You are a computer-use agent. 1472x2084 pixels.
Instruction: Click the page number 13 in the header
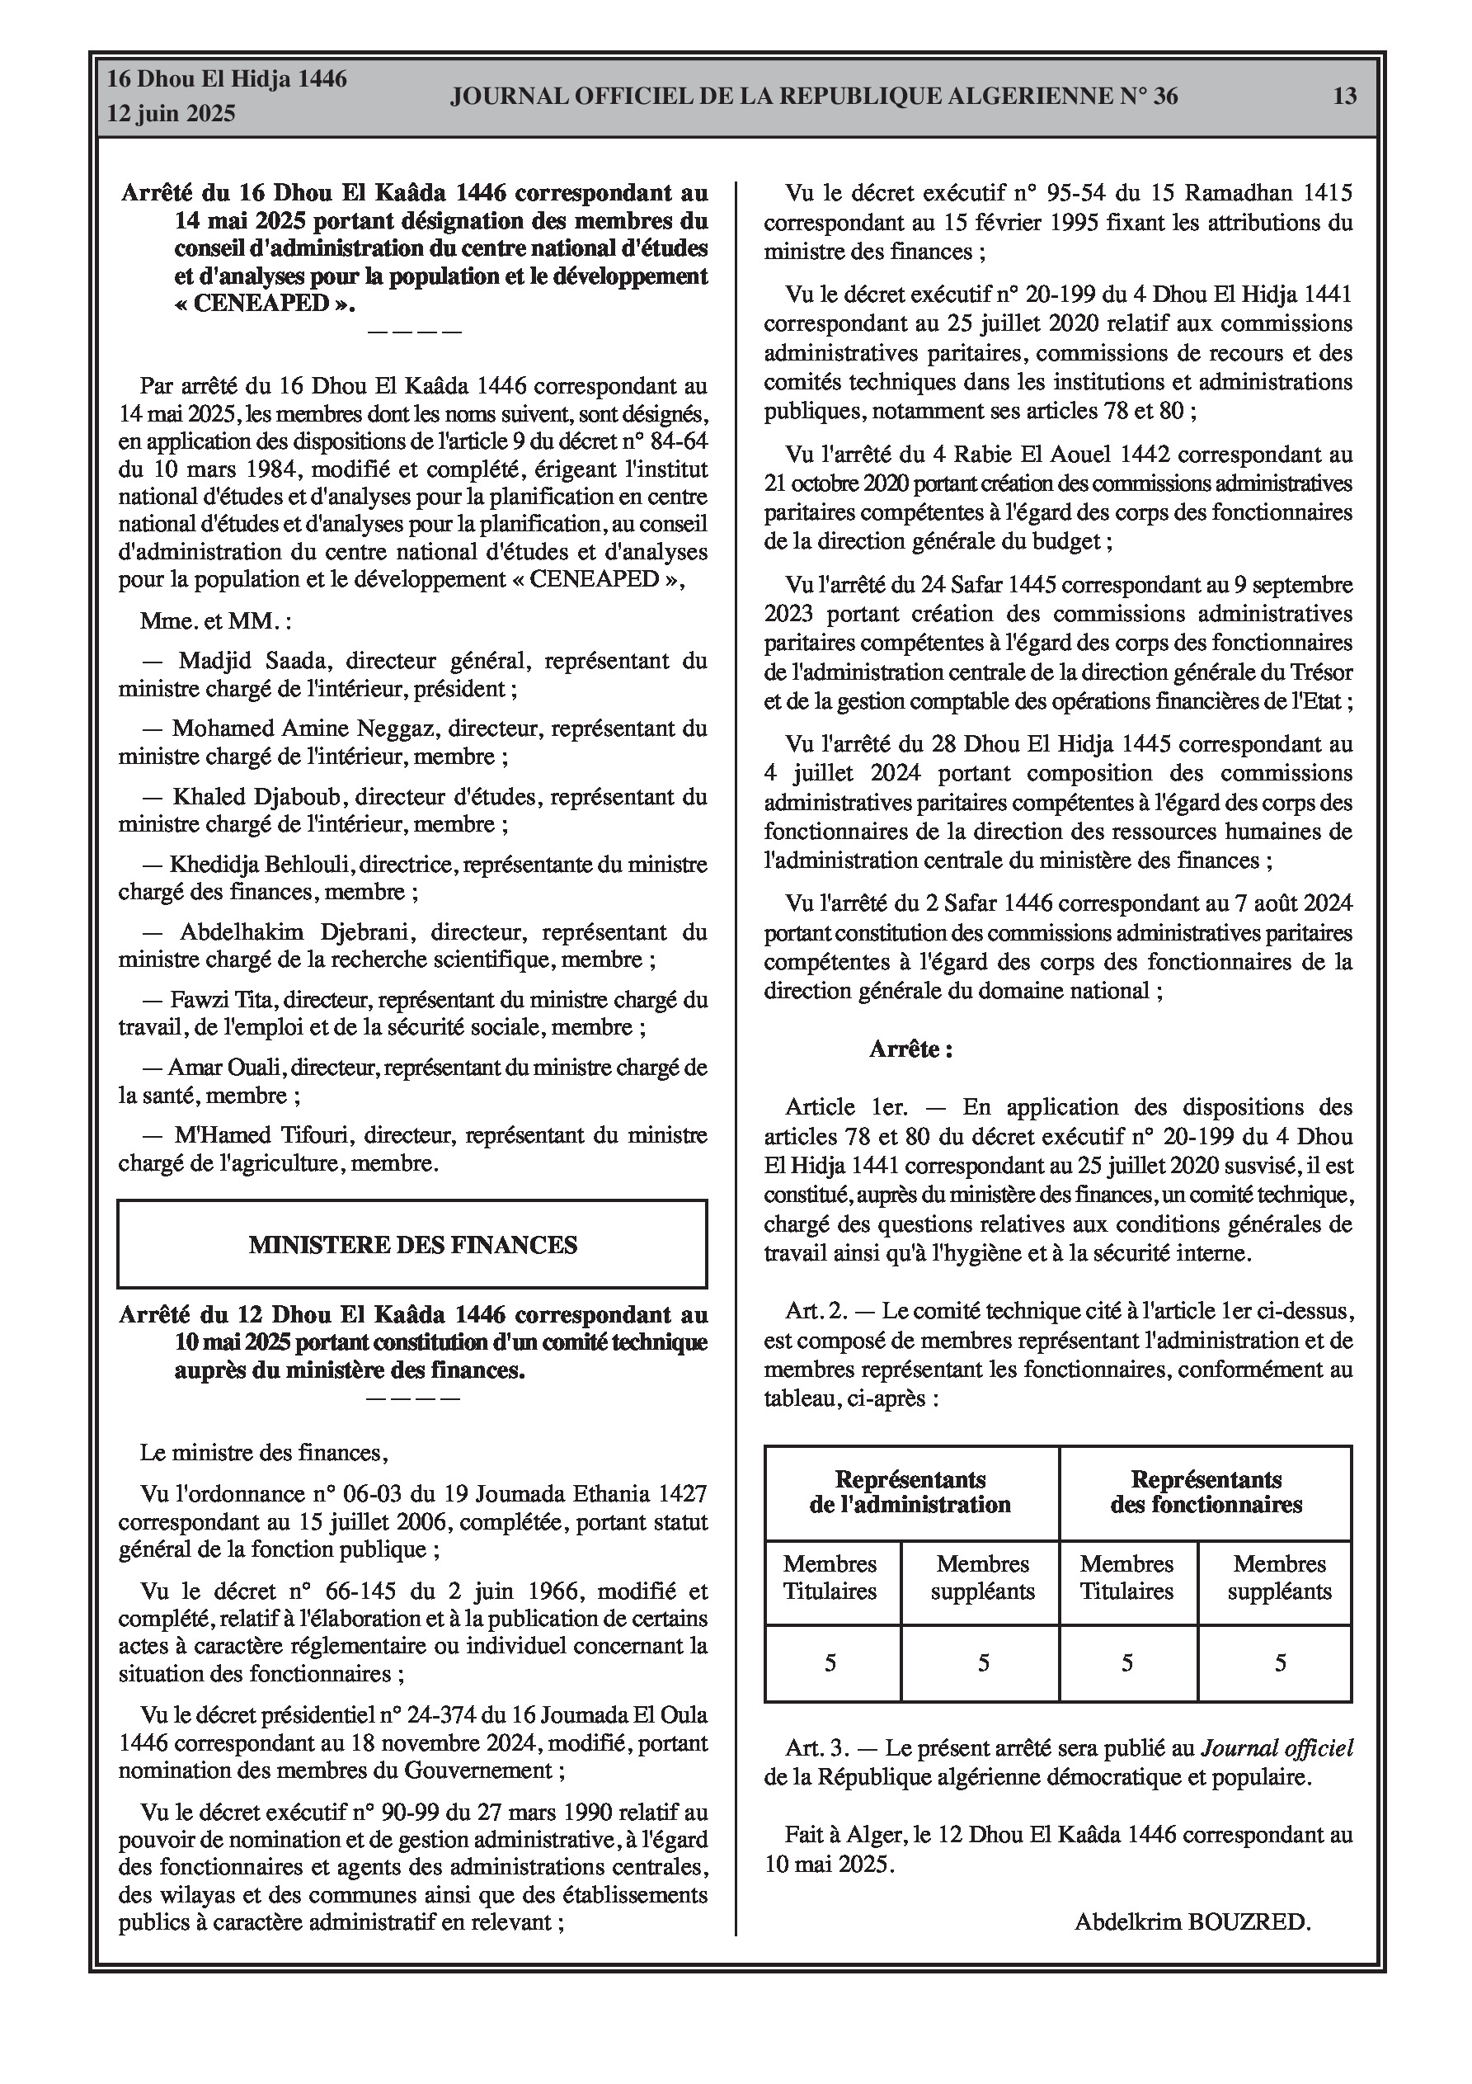(1344, 97)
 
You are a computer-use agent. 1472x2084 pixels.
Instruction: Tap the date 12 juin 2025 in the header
(172, 114)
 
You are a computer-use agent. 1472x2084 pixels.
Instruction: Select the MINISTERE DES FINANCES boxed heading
(412, 1244)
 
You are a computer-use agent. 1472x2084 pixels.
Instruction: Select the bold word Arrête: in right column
(910, 1049)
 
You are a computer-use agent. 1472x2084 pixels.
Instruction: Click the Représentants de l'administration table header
(910, 1492)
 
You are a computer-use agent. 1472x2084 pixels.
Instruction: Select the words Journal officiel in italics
(1277, 1766)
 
